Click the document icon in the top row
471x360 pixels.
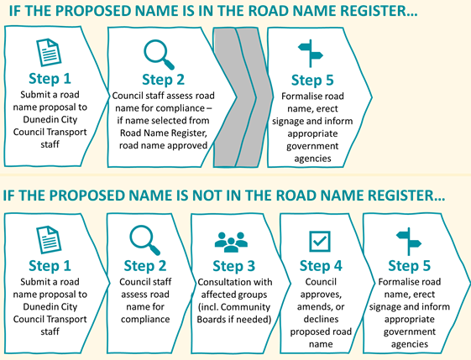[x=49, y=52]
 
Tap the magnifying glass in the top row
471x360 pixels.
[x=159, y=55]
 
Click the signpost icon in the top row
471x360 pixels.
[x=311, y=54]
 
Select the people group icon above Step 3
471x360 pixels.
[x=231, y=242]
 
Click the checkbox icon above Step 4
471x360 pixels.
[x=320, y=241]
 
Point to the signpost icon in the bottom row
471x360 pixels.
[x=409, y=242]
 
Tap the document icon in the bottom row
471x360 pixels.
[x=49, y=240]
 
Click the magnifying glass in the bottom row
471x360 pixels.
[x=144, y=241]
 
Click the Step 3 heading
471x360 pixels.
[x=233, y=266]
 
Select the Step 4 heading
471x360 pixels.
[x=321, y=266]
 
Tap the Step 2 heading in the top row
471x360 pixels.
[x=163, y=80]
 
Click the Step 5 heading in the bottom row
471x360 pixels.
[x=409, y=266]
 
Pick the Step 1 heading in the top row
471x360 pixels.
[x=50, y=78]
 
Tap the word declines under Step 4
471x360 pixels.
[x=321, y=319]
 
